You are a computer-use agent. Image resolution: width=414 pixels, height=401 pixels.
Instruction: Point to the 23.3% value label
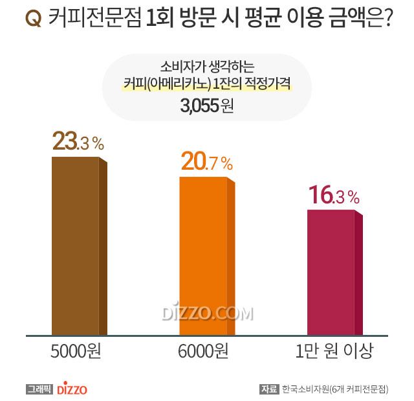(78, 143)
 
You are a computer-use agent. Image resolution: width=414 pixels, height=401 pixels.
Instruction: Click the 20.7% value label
(206, 163)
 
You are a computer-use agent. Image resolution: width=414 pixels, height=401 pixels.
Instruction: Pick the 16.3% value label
(332, 195)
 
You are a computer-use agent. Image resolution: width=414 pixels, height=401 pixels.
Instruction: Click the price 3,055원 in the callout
(206, 106)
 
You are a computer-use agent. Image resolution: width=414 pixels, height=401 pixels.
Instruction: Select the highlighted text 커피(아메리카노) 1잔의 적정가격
(206, 86)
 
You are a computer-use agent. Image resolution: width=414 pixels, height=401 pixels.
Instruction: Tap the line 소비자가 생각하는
(206, 67)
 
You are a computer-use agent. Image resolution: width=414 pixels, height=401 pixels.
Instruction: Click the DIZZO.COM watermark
(206, 314)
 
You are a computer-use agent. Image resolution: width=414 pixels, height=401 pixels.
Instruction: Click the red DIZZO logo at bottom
(72, 389)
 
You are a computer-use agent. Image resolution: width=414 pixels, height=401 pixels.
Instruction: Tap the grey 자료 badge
(268, 389)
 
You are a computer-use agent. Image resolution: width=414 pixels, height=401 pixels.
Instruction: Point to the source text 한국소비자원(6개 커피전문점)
(334, 389)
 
